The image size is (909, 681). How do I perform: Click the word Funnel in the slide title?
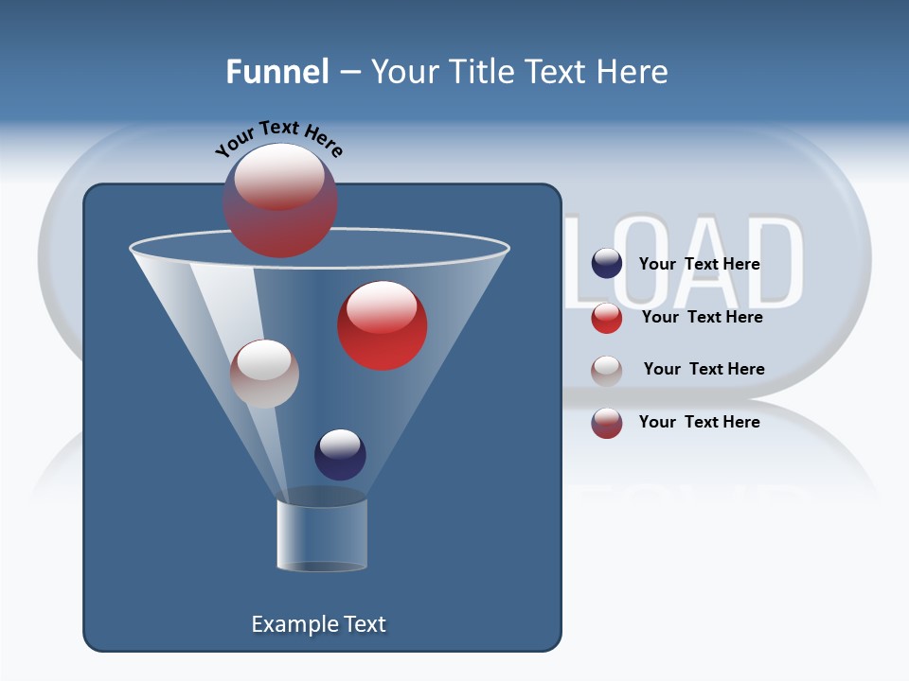coord(276,72)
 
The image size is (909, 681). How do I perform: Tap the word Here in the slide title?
coord(632,72)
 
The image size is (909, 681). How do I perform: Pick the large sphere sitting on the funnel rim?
coord(279,200)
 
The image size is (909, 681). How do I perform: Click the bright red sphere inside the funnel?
coord(382,324)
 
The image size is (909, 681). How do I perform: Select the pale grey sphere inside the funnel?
coord(264,374)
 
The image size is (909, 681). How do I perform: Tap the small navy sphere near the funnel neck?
coord(340,454)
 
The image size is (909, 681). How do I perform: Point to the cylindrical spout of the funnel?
coord(322,534)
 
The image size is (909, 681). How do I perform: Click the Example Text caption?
coord(318,624)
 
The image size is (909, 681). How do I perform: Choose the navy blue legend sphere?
coord(606,264)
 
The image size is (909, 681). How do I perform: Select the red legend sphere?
coord(606,318)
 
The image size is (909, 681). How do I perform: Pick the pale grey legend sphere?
coord(606,370)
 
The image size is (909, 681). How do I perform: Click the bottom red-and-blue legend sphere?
coord(606,423)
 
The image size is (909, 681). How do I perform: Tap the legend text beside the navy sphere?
coord(699,264)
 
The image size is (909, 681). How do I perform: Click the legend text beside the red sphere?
coord(702,317)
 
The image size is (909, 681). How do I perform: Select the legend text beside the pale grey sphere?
coord(704,369)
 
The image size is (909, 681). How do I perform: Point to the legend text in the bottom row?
coord(699,422)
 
